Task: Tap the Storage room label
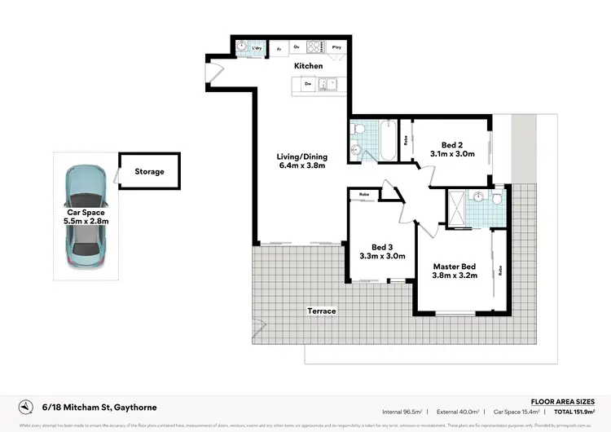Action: (x=149, y=172)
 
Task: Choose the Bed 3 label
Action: (x=383, y=247)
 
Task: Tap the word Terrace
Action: (x=321, y=311)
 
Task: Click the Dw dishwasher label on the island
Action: (x=308, y=83)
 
